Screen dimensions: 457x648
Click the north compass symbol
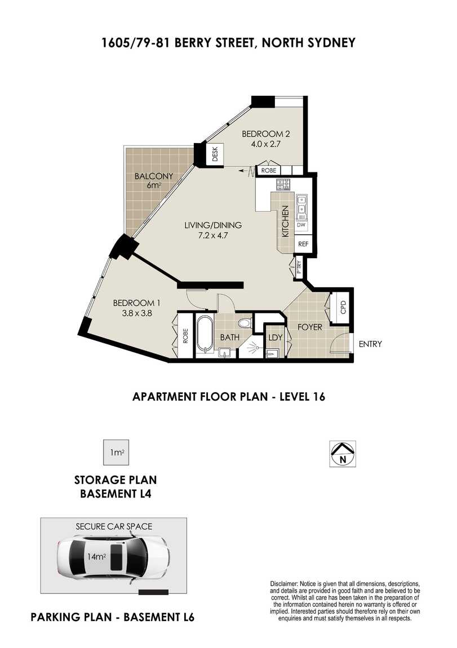pyautogui.click(x=342, y=454)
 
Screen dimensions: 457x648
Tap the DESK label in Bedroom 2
pyautogui.click(x=215, y=154)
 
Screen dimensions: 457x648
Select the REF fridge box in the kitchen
pyautogui.click(x=303, y=244)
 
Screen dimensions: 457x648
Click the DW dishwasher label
pyautogui.click(x=301, y=225)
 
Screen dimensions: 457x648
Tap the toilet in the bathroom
pyautogui.click(x=246, y=323)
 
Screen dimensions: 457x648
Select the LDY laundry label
pyautogui.click(x=275, y=338)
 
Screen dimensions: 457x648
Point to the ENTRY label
pyautogui.click(x=370, y=344)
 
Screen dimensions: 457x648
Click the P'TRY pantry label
pyautogui.click(x=299, y=268)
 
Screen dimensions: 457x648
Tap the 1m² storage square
pyautogui.click(x=116, y=452)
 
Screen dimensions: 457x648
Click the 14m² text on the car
pyautogui.click(x=97, y=557)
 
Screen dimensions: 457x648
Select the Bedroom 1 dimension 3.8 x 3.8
pyautogui.click(x=137, y=313)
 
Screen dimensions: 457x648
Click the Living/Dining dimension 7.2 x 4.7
pyautogui.click(x=213, y=236)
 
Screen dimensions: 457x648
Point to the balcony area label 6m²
pyautogui.click(x=154, y=185)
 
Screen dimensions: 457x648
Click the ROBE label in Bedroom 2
pyautogui.click(x=269, y=170)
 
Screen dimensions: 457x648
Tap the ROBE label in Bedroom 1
pyautogui.click(x=185, y=336)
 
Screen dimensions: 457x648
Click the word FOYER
pyautogui.click(x=309, y=327)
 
